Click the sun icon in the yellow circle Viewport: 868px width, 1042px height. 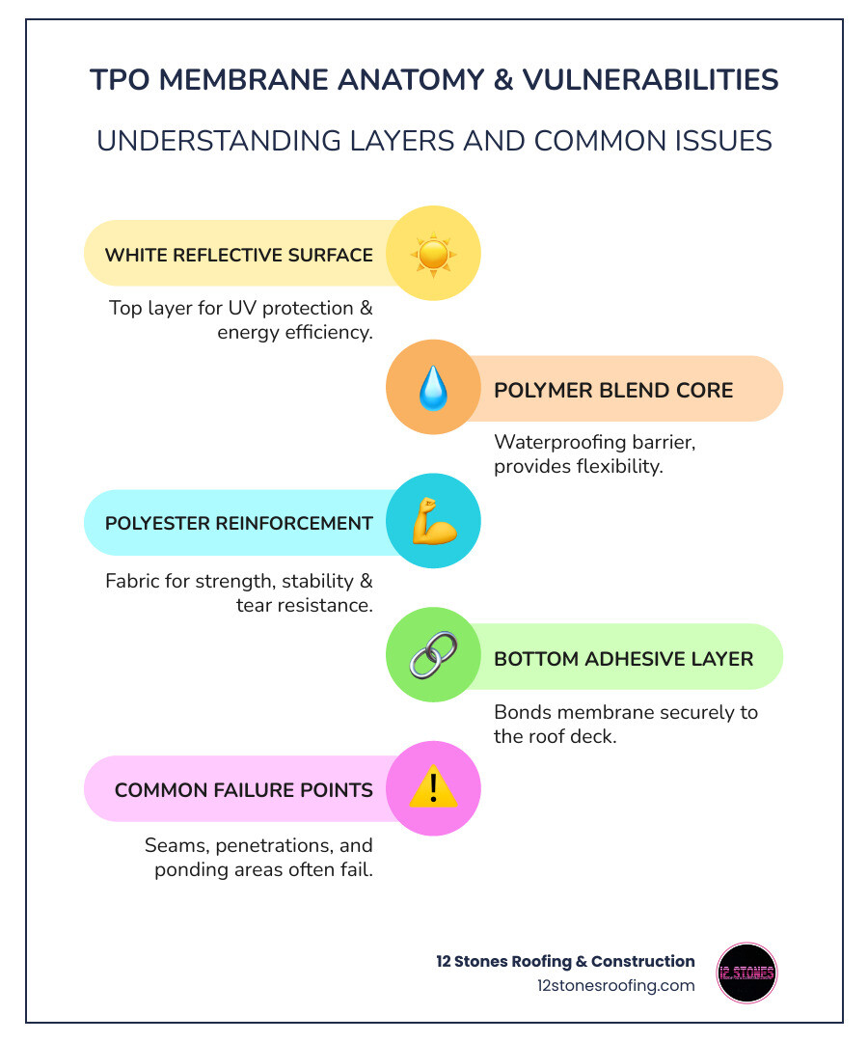(x=433, y=255)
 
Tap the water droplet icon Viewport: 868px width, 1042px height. (x=433, y=389)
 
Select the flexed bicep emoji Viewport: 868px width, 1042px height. (x=433, y=523)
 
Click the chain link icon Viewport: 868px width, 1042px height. (x=433, y=657)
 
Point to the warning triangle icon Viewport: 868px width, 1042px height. (x=433, y=789)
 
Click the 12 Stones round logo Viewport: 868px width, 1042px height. (x=746, y=973)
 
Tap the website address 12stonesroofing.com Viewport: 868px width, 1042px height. (x=615, y=985)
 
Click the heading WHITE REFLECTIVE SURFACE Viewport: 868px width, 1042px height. (x=238, y=255)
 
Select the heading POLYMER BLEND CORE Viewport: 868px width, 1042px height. (x=613, y=390)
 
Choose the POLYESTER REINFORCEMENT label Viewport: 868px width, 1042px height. (x=238, y=523)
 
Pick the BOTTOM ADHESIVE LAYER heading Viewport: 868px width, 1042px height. (x=623, y=658)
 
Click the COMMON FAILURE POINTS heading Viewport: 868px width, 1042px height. (x=243, y=790)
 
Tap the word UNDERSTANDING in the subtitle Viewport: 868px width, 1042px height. (x=204, y=141)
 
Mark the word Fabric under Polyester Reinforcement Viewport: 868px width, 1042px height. (x=131, y=582)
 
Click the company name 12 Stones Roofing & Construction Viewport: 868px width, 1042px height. (x=565, y=961)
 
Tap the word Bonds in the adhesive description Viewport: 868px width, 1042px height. (x=522, y=712)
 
